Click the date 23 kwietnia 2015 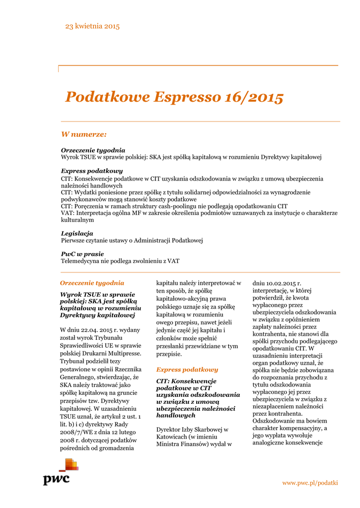coord(92,26)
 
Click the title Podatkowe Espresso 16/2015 coord(174,97)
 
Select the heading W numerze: coord(83,134)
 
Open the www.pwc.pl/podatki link coord(310,483)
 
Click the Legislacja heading coord(77,233)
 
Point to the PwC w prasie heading coord(82,254)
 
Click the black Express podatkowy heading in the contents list coord(92,171)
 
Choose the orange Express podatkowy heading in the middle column coord(187,370)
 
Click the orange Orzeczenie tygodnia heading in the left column coord(92,283)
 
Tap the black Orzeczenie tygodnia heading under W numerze coord(93,150)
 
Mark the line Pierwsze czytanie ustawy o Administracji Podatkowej coord(132,240)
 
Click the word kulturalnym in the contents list coord(77,219)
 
